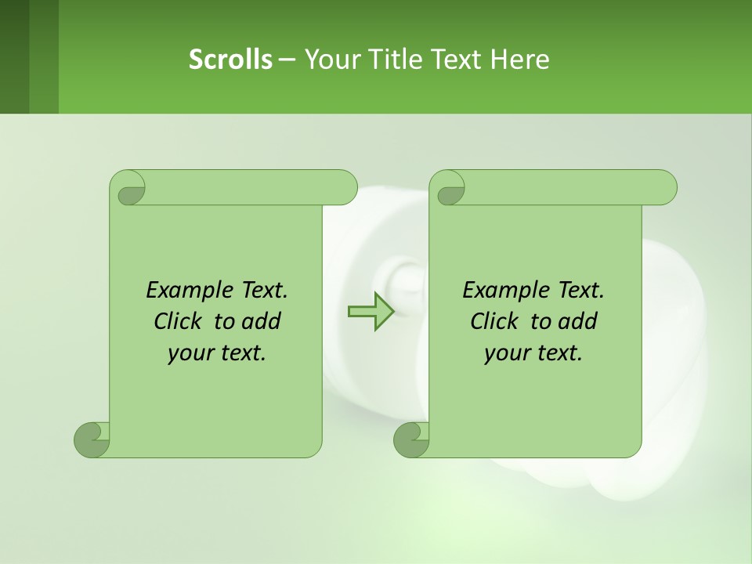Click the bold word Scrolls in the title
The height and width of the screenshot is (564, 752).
coord(231,59)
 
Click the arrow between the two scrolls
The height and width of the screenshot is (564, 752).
coord(371,311)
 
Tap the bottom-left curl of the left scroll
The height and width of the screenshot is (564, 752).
coord(92,439)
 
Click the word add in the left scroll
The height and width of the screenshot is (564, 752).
coord(262,321)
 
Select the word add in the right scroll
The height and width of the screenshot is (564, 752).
coord(578,321)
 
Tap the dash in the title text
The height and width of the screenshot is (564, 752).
coord(287,59)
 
